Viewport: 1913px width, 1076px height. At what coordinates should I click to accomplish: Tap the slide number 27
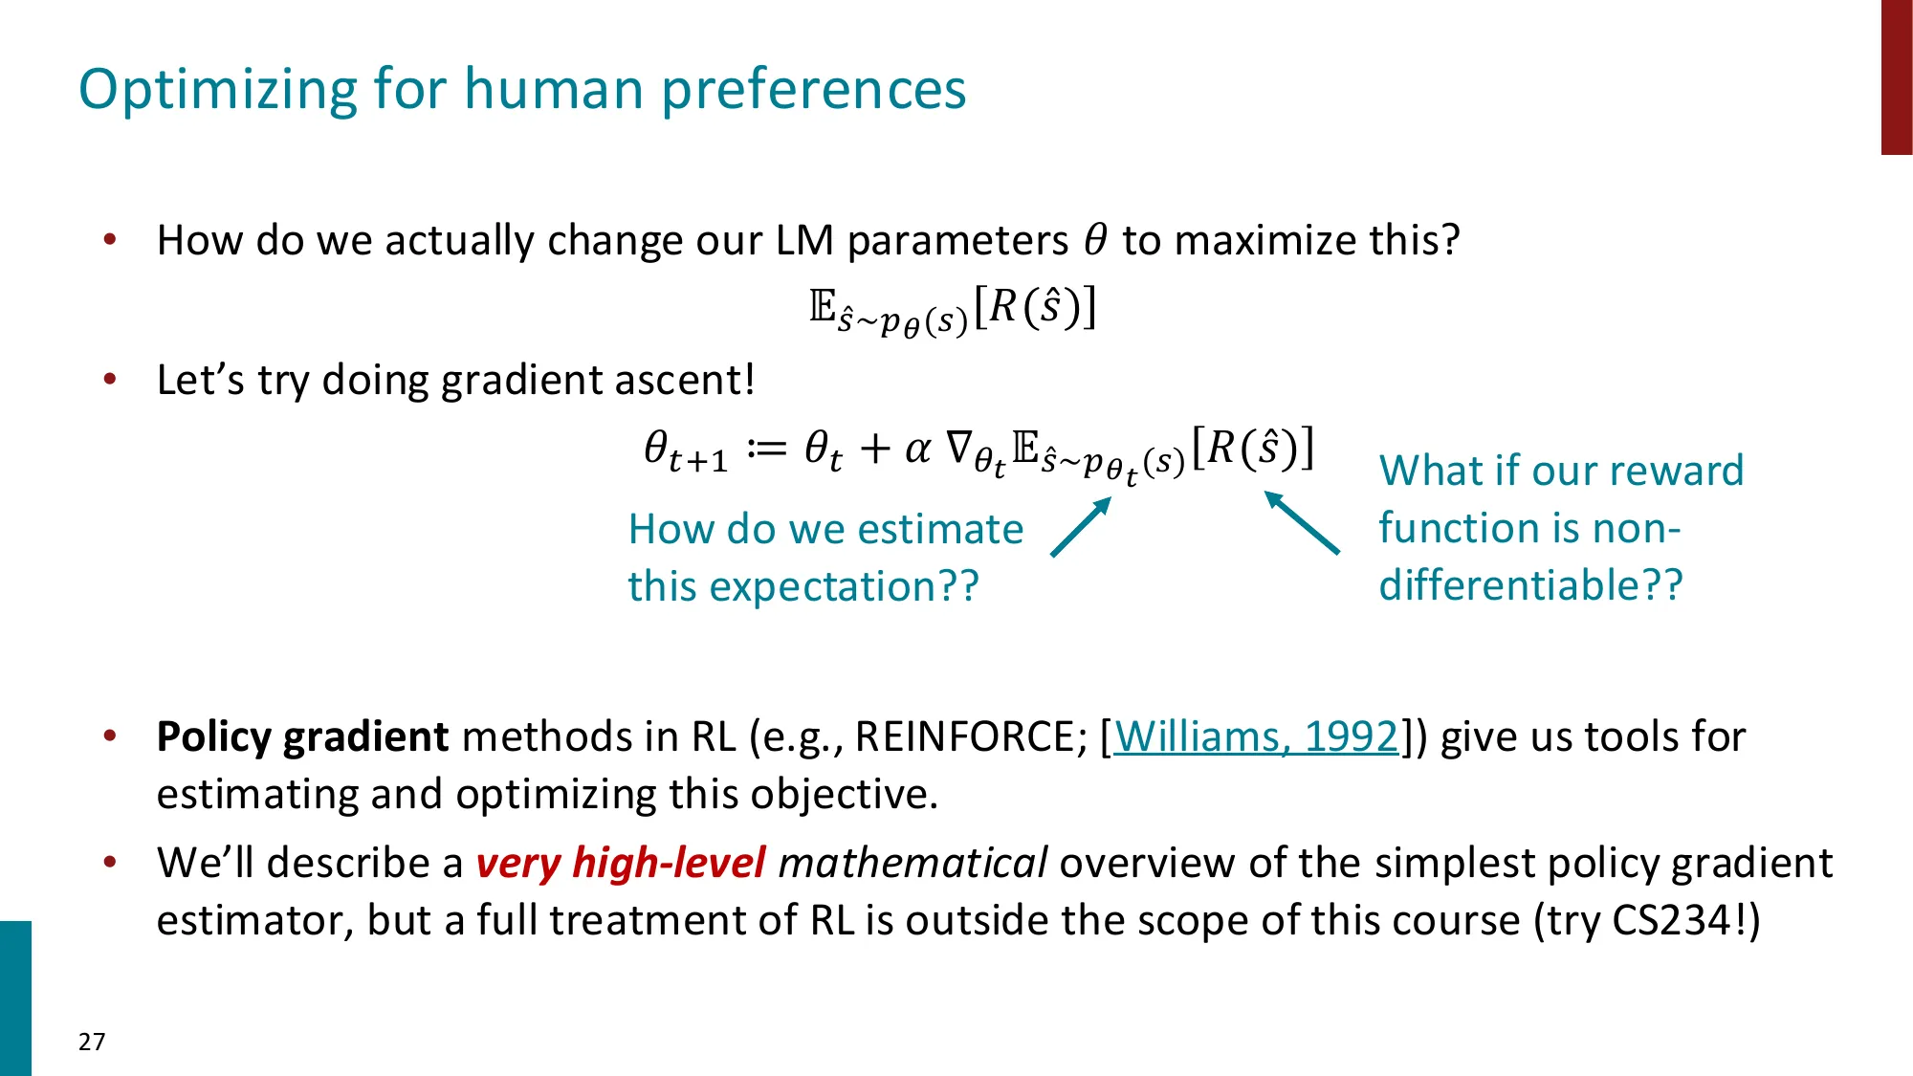92,1042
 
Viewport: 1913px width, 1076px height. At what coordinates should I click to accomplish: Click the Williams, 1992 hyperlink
1256,737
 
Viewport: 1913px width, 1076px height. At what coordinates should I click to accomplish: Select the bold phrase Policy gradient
302,737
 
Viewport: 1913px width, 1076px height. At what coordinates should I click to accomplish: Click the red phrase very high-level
620,863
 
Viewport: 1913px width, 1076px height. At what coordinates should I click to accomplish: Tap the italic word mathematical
913,863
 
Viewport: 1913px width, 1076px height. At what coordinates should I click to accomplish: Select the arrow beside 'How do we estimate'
1081,526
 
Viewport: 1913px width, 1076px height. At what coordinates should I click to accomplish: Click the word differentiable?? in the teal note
1530,585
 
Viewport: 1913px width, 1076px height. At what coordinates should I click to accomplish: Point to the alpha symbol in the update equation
917,448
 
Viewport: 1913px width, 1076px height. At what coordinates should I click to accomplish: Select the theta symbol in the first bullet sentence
1095,239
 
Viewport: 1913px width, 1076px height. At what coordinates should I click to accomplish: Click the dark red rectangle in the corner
1896,77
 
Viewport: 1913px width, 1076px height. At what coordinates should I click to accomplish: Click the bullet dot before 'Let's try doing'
110,380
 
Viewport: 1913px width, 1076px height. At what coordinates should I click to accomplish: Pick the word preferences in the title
813,91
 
